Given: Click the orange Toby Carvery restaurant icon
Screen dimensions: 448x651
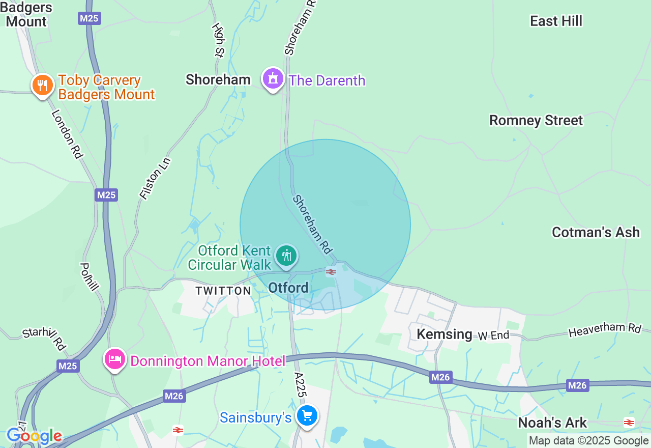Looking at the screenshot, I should point(43,85).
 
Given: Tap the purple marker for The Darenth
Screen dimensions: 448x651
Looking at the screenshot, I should point(273,79).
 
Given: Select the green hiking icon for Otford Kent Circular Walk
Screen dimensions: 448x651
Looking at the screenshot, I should point(287,255).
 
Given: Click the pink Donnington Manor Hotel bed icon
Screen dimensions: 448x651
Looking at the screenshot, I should point(115,359).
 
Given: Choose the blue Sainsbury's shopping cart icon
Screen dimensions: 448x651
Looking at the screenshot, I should point(307,416).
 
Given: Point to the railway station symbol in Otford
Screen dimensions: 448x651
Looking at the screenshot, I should point(331,272).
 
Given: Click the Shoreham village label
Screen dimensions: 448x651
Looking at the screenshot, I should point(218,79).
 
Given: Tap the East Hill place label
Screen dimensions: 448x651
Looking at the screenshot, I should point(556,21).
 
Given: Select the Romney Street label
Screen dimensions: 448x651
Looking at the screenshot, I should point(536,121).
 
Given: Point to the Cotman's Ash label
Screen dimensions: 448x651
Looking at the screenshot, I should point(596,232).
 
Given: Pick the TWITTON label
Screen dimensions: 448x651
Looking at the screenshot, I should point(224,291).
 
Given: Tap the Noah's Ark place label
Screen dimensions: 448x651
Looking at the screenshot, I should point(552,423).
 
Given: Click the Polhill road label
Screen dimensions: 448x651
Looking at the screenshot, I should point(89,276).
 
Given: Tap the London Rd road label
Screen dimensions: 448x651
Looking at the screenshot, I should point(67,134).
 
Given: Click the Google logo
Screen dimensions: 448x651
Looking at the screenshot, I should point(34,436).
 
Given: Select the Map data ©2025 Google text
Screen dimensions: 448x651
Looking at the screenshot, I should point(588,441).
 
